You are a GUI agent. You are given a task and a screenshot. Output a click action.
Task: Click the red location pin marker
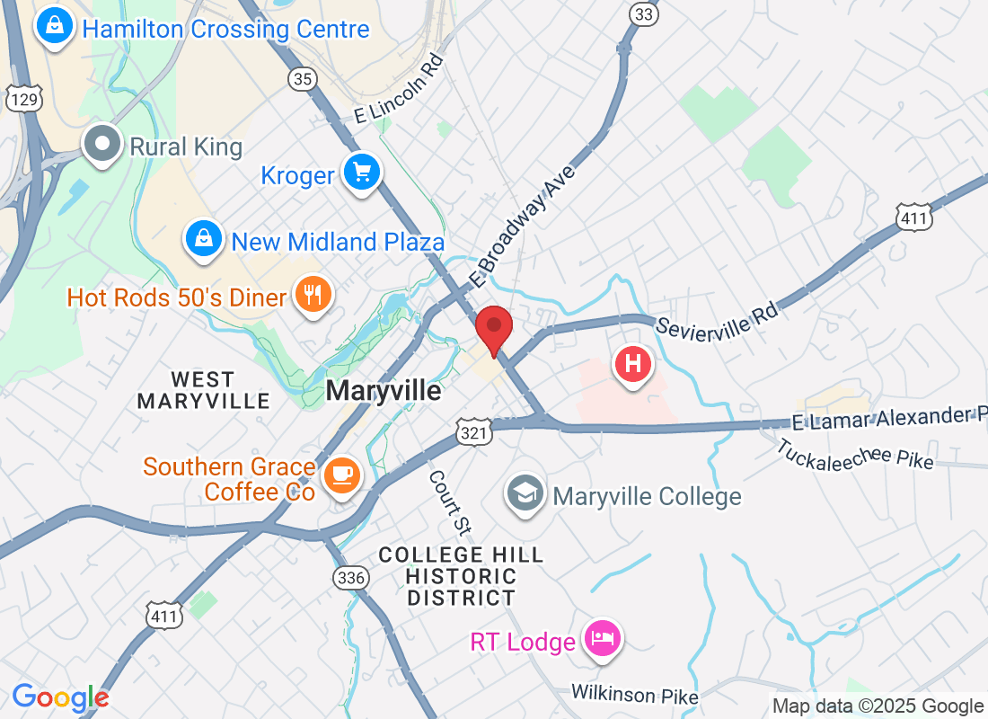click(x=493, y=329)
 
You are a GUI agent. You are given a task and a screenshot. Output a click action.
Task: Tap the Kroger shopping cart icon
click(x=362, y=173)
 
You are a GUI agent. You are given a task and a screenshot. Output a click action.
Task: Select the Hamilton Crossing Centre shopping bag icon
click(x=55, y=27)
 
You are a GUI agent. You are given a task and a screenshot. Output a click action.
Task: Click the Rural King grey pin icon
click(x=102, y=145)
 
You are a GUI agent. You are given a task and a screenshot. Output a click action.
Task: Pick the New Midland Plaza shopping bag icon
click(x=205, y=239)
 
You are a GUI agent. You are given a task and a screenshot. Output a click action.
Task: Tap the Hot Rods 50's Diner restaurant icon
click(x=313, y=296)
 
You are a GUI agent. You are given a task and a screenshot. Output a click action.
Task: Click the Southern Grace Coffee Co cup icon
click(x=341, y=474)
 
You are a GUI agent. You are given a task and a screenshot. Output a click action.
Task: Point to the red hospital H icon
click(x=632, y=364)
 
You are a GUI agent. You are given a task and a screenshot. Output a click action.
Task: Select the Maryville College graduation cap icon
click(x=525, y=493)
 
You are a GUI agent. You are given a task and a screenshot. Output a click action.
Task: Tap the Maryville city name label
click(x=384, y=391)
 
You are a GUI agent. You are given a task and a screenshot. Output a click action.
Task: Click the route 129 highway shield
click(x=23, y=100)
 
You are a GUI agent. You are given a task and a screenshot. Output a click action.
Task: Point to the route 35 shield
click(x=304, y=79)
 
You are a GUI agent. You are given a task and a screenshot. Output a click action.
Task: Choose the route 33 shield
click(x=643, y=14)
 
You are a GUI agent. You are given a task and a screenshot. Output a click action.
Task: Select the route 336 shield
click(x=349, y=577)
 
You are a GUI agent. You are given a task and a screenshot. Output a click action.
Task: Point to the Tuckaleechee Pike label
click(x=854, y=453)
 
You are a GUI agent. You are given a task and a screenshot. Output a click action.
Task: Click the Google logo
click(x=60, y=697)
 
